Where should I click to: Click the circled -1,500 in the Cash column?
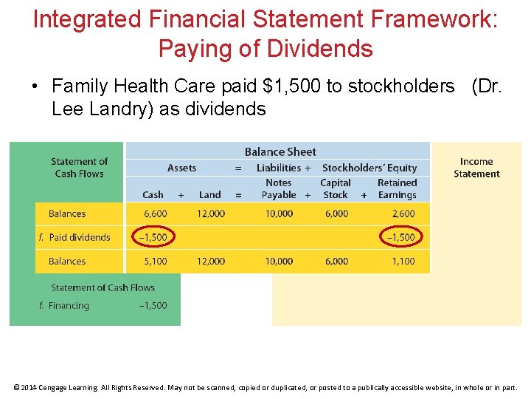153,237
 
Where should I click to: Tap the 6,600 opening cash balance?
155,214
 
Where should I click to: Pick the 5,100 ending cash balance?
155,261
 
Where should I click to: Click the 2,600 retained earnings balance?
403,214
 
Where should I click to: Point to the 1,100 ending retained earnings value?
403,261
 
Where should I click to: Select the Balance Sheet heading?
280,151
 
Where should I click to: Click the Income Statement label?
476,168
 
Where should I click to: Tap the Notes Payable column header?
278,188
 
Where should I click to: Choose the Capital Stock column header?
336,188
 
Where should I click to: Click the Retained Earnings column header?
397,188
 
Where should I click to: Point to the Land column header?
209,195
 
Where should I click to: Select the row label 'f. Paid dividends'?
74,237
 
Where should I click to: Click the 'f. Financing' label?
64,305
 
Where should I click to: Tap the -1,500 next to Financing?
153,305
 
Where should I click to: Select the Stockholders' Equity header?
369,168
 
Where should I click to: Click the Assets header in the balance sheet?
181,168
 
